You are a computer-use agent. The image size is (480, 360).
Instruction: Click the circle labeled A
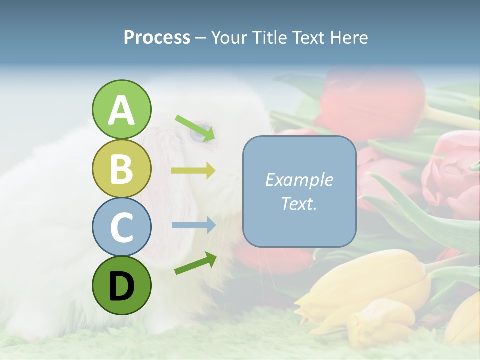[x=121, y=110]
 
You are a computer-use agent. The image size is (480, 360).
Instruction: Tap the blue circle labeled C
[x=121, y=227]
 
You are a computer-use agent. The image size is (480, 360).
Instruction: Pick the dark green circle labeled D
[x=121, y=286]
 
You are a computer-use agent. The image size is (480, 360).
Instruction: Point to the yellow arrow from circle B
[x=193, y=171]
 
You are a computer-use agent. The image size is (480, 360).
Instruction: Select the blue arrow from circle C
[x=193, y=225]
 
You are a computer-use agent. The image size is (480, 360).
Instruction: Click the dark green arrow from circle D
[x=195, y=263]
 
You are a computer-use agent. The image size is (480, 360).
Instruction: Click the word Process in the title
[x=157, y=38]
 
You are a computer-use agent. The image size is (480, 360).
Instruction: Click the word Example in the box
[x=299, y=180]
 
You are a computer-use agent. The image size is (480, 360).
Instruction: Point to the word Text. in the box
[x=299, y=203]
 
